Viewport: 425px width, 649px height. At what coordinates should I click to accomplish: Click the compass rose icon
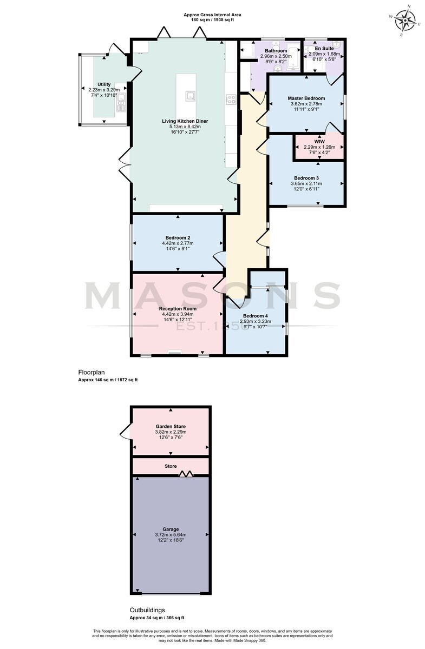tap(404, 21)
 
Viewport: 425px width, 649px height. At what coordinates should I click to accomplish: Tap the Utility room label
tap(104, 84)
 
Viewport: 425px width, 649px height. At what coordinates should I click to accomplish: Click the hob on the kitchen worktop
tap(231, 100)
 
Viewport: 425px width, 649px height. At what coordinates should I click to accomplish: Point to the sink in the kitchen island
tap(191, 96)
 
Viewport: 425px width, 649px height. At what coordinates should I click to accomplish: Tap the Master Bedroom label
tap(306, 98)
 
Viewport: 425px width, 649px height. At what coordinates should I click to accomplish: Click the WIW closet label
tap(319, 142)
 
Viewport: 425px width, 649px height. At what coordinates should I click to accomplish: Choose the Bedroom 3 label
tap(306, 178)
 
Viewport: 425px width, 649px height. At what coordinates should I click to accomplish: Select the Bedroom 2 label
tap(178, 237)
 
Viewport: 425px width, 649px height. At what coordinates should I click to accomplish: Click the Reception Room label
tap(178, 309)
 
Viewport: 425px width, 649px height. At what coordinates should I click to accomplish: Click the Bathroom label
tap(276, 51)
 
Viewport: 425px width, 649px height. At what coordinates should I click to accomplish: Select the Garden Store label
tap(171, 427)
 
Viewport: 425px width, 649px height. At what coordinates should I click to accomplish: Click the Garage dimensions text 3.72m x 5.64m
tap(171, 534)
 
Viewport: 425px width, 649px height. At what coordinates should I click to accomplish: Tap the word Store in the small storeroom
tap(171, 466)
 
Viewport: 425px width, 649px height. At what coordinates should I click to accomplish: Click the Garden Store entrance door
tap(125, 432)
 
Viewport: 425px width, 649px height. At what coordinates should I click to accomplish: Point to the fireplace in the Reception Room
tap(175, 352)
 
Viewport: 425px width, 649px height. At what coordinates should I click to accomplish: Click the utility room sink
tap(121, 103)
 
